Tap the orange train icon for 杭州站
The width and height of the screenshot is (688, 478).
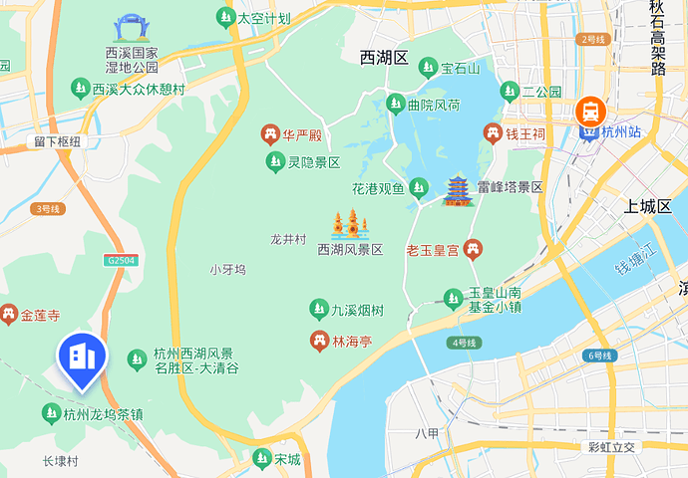(x=589, y=110)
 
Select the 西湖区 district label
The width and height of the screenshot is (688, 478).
(x=384, y=58)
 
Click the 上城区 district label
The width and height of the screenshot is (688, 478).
(x=649, y=207)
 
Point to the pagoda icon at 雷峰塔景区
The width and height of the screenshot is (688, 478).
(x=459, y=189)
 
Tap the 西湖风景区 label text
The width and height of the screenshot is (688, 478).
(x=350, y=249)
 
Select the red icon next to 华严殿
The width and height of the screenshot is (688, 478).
(x=269, y=133)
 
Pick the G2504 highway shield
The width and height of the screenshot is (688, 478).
(x=119, y=260)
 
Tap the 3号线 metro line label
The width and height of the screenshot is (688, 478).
(x=47, y=208)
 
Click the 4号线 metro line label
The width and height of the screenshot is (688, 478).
(x=465, y=343)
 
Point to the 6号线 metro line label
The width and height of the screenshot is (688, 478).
(x=600, y=356)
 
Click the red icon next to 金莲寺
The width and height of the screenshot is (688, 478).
(x=10, y=316)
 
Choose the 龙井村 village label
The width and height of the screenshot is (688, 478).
(x=287, y=239)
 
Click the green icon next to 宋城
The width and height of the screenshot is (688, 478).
(x=262, y=459)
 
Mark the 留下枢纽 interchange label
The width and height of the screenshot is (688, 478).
(x=56, y=142)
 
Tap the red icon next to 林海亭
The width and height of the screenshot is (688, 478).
(x=319, y=342)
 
